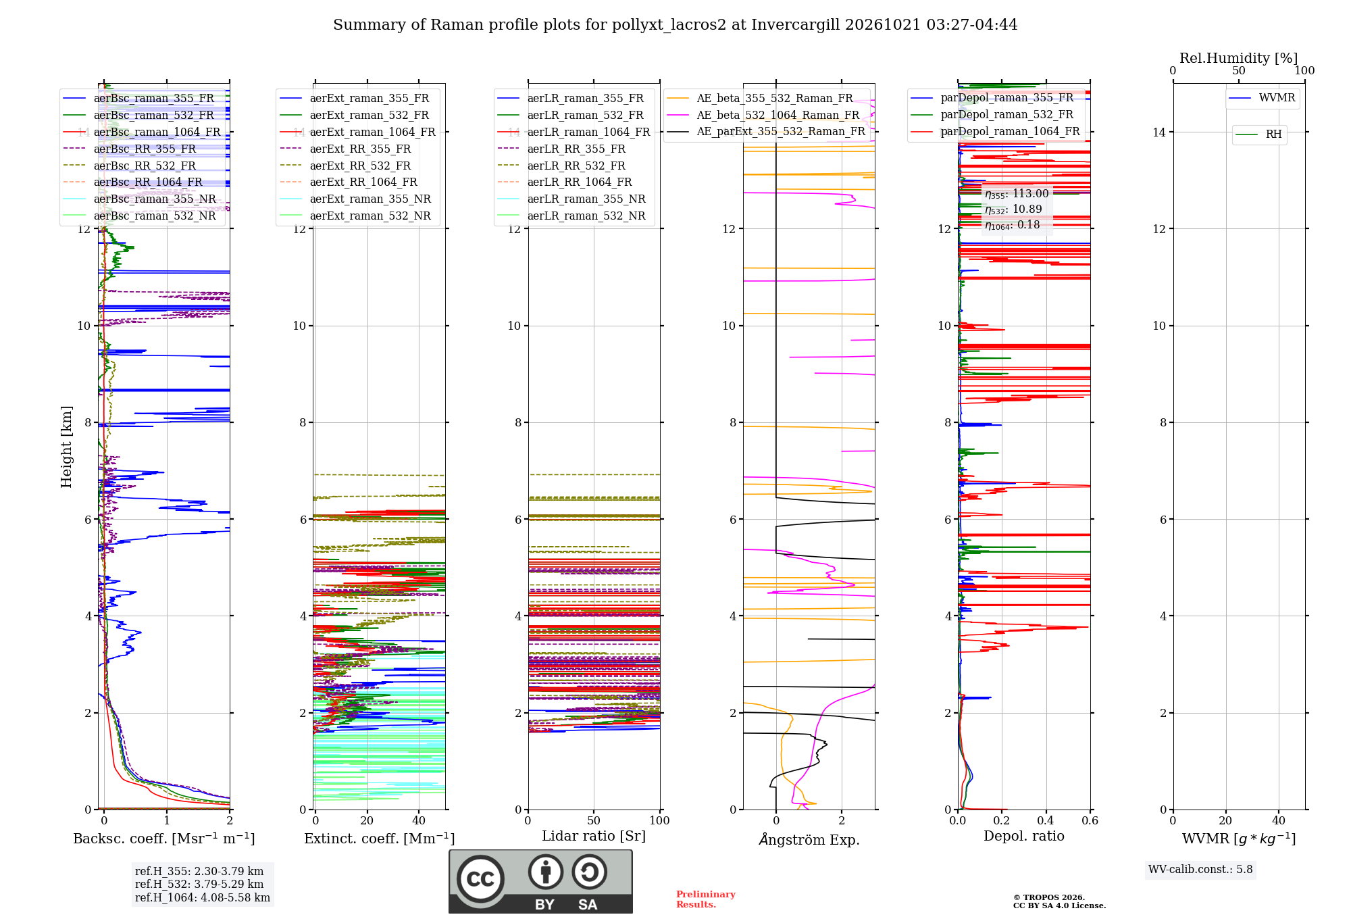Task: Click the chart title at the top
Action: (675, 25)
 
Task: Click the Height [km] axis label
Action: (66, 447)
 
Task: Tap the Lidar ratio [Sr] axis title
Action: (594, 836)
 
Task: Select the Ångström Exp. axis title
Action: (809, 839)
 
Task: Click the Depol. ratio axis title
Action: (1024, 836)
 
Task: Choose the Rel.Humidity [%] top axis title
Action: (1239, 58)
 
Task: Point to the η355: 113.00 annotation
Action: (1017, 194)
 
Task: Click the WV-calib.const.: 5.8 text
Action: (1200, 870)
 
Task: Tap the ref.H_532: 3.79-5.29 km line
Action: (199, 884)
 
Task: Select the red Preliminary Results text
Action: (706, 899)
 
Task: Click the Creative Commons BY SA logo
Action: (540, 881)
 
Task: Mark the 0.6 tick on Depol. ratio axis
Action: (1090, 821)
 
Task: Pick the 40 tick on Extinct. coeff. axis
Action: (419, 821)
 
